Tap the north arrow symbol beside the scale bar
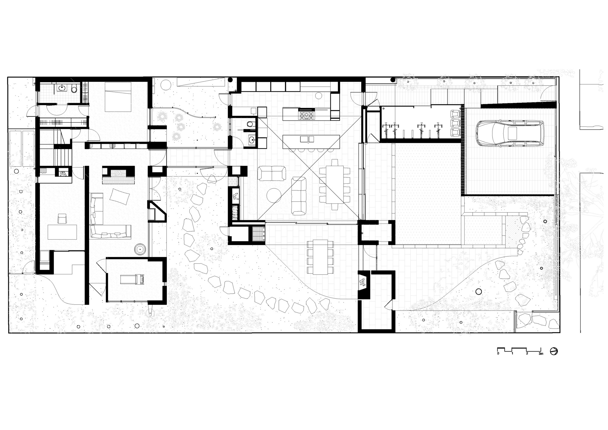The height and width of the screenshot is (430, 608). pyautogui.click(x=554, y=351)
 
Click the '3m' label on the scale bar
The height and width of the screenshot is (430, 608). pyautogui.click(x=541, y=354)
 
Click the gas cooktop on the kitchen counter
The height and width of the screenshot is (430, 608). pyautogui.click(x=307, y=115)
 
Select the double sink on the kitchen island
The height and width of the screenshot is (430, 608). pyautogui.click(x=307, y=139)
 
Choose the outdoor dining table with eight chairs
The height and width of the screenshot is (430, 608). pyautogui.click(x=320, y=257)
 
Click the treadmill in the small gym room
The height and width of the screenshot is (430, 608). pyautogui.click(x=133, y=279)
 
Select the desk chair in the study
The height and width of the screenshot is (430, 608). pyautogui.click(x=62, y=219)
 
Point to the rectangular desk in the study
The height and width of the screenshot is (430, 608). pyautogui.click(x=62, y=232)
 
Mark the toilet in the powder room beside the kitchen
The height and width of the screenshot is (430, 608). pyautogui.click(x=250, y=124)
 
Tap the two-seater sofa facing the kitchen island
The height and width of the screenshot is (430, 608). pyautogui.click(x=272, y=173)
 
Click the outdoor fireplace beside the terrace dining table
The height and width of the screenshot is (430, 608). pyautogui.click(x=364, y=283)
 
